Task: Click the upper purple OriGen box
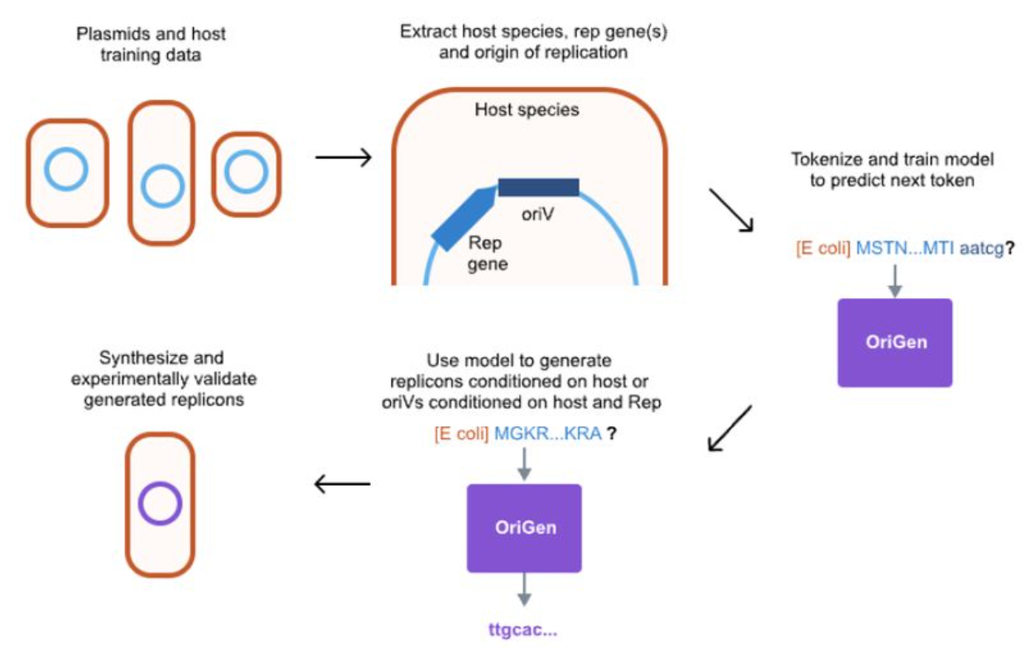(x=894, y=343)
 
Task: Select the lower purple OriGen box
(x=524, y=528)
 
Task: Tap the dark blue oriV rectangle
(x=538, y=187)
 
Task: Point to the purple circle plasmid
(x=160, y=503)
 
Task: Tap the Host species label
(x=527, y=109)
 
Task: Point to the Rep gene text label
(x=487, y=253)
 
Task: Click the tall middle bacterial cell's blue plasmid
(x=161, y=185)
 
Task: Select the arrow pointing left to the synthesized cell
(x=342, y=484)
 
